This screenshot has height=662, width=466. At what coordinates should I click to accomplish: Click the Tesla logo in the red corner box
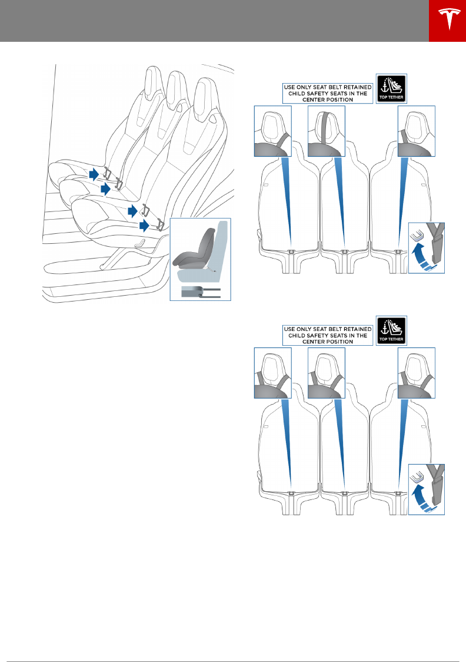pyautogui.click(x=447, y=21)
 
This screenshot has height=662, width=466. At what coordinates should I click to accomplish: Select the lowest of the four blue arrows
pyautogui.click(x=144, y=225)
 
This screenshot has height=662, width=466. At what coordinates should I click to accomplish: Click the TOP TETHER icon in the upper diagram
pyautogui.click(x=391, y=88)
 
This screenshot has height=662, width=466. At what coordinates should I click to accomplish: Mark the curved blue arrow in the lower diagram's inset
pyautogui.click(x=421, y=499)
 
